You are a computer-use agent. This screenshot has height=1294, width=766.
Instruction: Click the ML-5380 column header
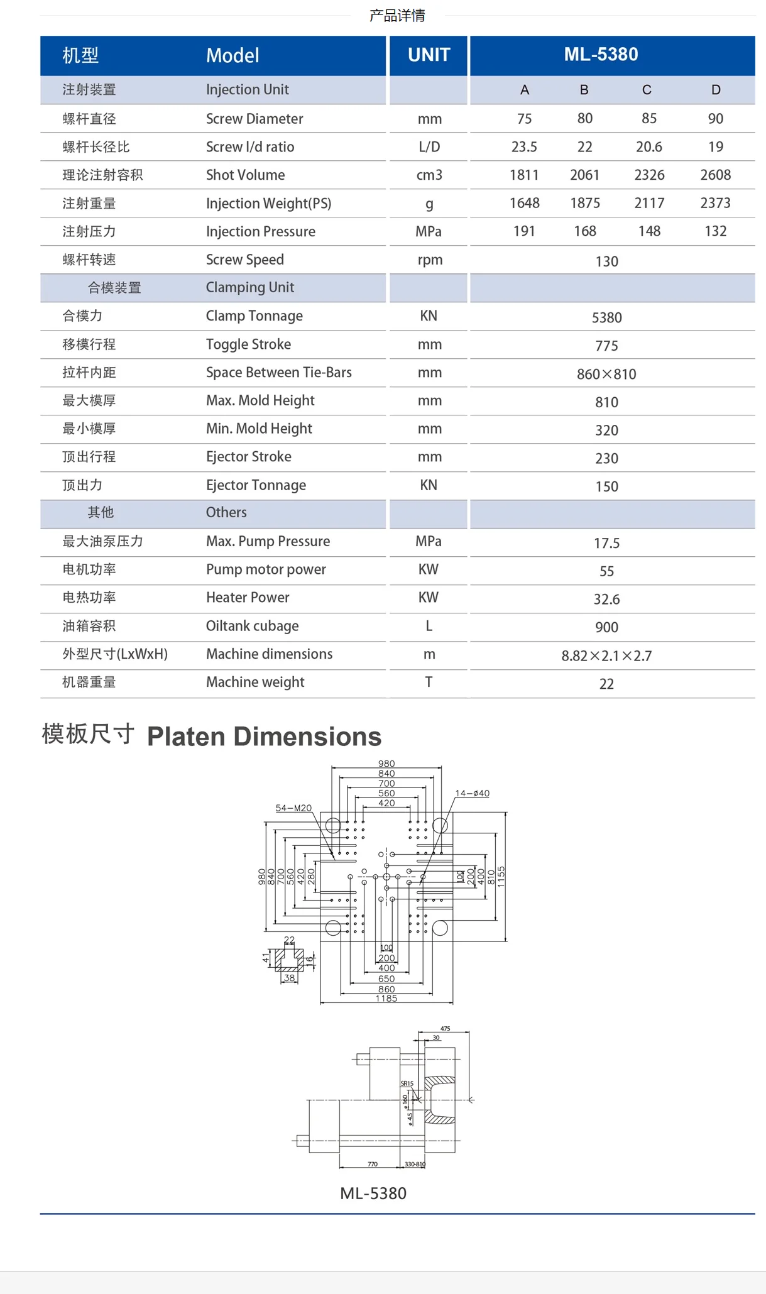click(601, 55)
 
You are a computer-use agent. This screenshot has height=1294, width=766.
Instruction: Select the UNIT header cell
click(429, 55)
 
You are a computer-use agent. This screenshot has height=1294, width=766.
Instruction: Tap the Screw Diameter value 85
click(649, 119)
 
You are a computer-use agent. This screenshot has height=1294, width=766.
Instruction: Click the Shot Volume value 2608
click(715, 175)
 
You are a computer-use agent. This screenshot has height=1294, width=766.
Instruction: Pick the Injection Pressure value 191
click(524, 231)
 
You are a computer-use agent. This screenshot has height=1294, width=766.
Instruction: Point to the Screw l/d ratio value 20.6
click(648, 147)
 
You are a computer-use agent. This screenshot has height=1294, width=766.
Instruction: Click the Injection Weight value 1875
click(585, 203)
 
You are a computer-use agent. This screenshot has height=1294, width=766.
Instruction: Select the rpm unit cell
click(430, 260)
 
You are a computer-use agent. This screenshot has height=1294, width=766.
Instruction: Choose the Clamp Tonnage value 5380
click(606, 317)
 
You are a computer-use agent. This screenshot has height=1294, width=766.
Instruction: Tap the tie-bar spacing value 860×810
click(606, 374)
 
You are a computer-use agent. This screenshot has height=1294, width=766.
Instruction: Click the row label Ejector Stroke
click(248, 457)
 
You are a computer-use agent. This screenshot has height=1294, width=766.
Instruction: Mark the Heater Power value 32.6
click(606, 599)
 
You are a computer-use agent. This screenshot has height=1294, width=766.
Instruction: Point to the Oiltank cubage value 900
click(606, 627)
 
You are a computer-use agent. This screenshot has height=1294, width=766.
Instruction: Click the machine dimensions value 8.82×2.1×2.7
click(606, 655)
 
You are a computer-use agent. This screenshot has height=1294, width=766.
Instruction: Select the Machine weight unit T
click(429, 682)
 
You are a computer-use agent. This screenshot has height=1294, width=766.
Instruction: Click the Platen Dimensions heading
click(264, 737)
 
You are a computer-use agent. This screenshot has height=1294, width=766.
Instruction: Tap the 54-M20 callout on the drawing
click(293, 808)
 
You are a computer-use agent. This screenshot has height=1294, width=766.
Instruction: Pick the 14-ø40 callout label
click(473, 794)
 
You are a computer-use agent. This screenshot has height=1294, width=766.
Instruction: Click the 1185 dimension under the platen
click(386, 999)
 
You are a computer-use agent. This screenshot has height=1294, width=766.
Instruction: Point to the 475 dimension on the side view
click(445, 1029)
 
